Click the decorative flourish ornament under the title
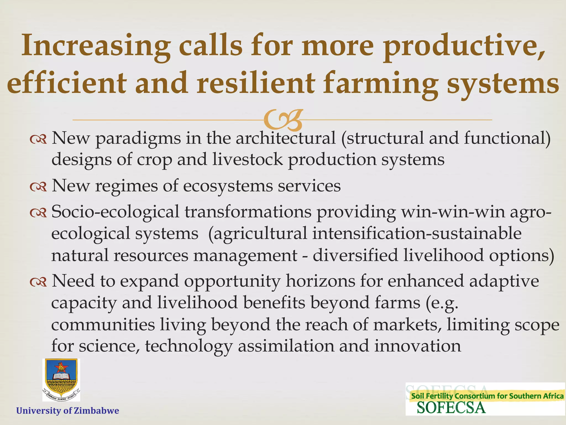283,120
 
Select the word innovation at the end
418,346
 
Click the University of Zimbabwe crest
61,380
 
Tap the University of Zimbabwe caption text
68,410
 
